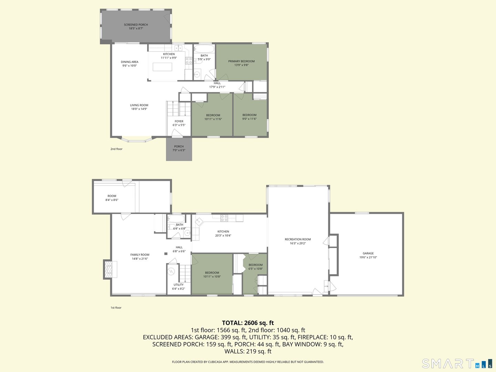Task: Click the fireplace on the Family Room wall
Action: pos(111,269)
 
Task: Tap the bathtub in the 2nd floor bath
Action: pos(204,48)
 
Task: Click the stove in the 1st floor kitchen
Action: pos(224,218)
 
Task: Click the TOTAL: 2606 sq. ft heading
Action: pos(248,323)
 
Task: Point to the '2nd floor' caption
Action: pos(116,149)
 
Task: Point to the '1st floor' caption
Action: pos(116,308)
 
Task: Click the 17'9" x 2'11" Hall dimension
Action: pos(217,87)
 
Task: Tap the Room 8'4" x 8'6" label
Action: pos(112,198)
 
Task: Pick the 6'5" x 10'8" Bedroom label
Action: pos(256,267)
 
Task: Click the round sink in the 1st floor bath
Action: pos(187,233)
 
